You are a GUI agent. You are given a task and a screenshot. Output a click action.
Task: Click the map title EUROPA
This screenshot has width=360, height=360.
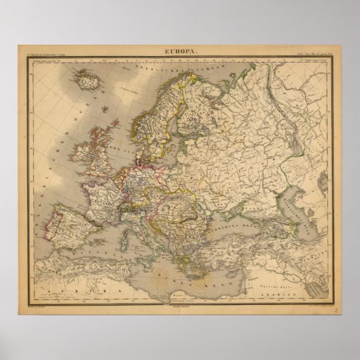(179, 51)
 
